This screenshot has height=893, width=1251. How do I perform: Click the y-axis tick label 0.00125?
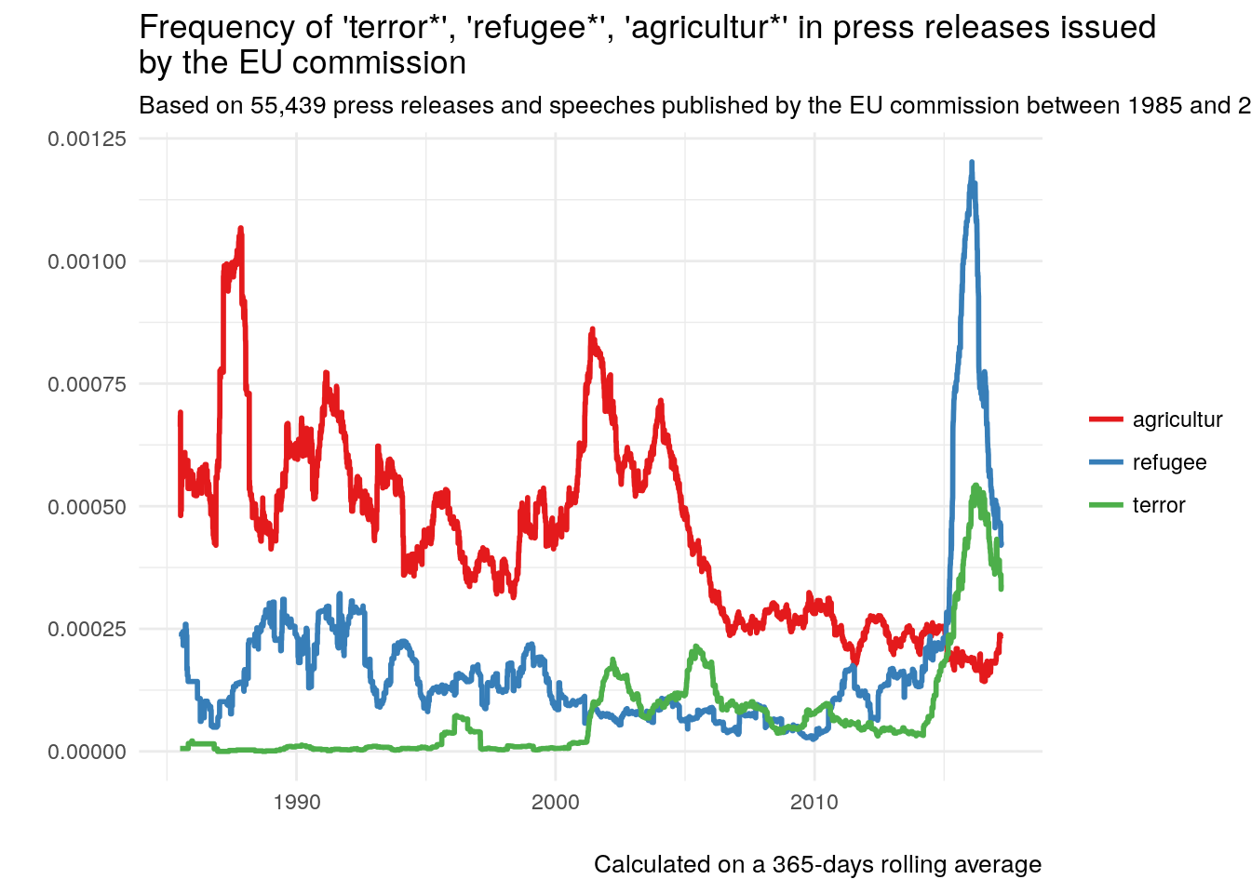[x=87, y=140]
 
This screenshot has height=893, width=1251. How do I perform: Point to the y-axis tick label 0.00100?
[x=87, y=261]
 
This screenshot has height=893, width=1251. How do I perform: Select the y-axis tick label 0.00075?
[x=87, y=384]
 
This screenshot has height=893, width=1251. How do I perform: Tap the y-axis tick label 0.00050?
[x=87, y=507]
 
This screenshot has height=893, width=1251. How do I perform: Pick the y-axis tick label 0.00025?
[x=87, y=630]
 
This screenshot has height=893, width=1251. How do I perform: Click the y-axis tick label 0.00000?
[x=87, y=752]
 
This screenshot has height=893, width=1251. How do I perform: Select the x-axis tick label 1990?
[x=297, y=802]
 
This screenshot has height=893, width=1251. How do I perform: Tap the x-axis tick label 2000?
[x=556, y=802]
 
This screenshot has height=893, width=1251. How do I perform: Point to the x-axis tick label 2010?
[x=814, y=802]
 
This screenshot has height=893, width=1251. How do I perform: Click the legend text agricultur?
[x=1177, y=420]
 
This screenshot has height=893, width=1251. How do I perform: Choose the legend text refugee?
[x=1169, y=462]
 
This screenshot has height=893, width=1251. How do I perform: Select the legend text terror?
[x=1159, y=505]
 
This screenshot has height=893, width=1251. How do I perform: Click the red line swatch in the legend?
[x=1106, y=420]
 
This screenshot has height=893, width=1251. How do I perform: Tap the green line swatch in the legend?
[x=1106, y=506]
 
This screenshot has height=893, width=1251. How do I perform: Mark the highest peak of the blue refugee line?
[x=972, y=163]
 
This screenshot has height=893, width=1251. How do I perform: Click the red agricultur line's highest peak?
[x=240, y=228]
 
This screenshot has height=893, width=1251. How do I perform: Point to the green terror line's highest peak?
[x=975, y=486]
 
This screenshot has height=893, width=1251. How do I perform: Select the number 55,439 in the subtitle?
[x=288, y=106]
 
